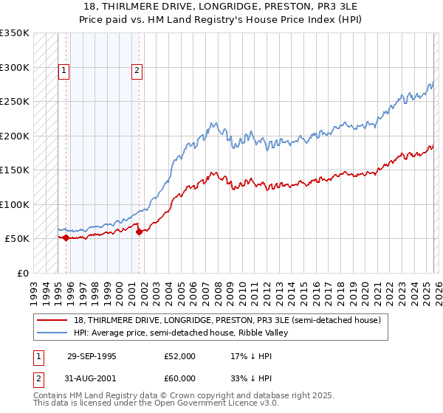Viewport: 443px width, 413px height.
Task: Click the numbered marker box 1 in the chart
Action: point(64,71)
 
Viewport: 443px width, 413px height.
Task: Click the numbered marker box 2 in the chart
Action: point(137,71)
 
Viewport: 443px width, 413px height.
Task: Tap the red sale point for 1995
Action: point(66,237)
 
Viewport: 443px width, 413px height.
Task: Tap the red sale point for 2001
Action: point(140,232)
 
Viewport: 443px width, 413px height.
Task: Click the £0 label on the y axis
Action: point(23,273)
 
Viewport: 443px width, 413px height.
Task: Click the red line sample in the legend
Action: point(53,320)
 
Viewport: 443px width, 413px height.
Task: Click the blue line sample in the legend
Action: point(53,333)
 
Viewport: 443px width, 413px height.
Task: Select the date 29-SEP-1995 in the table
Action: point(92,356)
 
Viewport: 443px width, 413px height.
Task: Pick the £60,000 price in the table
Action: point(179,378)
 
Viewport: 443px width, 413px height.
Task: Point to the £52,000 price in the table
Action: point(179,356)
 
